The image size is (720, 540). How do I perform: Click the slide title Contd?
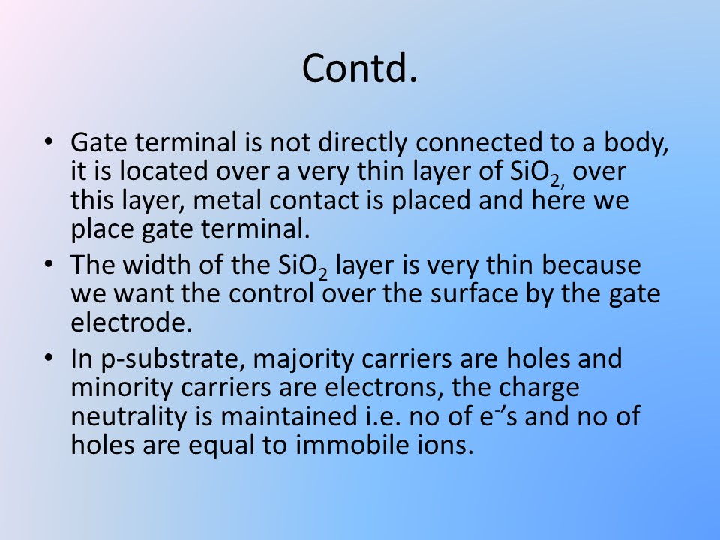coord(359,67)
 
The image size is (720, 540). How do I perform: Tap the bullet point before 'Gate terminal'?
coord(49,141)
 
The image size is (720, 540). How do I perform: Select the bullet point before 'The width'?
coord(49,264)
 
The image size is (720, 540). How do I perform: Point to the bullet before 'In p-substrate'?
coord(49,357)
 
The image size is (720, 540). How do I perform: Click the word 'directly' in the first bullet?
coord(362,143)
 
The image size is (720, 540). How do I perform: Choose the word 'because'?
coord(591,265)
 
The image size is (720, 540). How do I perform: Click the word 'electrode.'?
coord(131,322)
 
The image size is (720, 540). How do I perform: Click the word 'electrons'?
coord(384,388)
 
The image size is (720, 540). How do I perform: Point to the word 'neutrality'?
coord(129,417)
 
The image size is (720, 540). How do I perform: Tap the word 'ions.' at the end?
coord(451,445)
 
